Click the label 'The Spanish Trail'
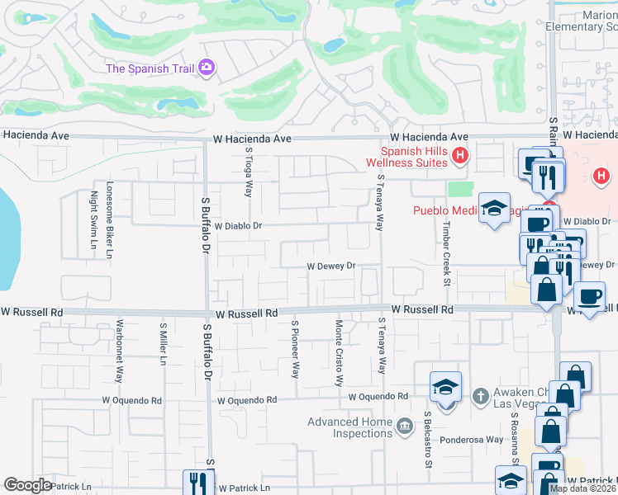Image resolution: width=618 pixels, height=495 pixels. [150, 68]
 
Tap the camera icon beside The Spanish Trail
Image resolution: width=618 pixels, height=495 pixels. [207, 67]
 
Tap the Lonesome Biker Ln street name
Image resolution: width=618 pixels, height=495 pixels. [108, 220]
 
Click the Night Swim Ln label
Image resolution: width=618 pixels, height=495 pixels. [93, 213]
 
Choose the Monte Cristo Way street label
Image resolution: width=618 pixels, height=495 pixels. [339, 353]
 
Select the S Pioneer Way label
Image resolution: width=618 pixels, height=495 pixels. [294, 350]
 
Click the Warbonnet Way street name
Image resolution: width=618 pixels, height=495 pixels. [119, 351]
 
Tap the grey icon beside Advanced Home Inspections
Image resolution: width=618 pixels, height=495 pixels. [404, 426]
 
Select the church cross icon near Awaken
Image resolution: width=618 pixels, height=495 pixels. [480, 396]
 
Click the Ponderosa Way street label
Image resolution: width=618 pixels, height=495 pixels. [471, 440]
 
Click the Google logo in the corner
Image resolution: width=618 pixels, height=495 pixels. [28, 485]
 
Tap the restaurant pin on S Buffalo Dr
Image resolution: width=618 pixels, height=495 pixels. [198, 481]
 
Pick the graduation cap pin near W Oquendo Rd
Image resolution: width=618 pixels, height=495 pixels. [445, 388]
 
